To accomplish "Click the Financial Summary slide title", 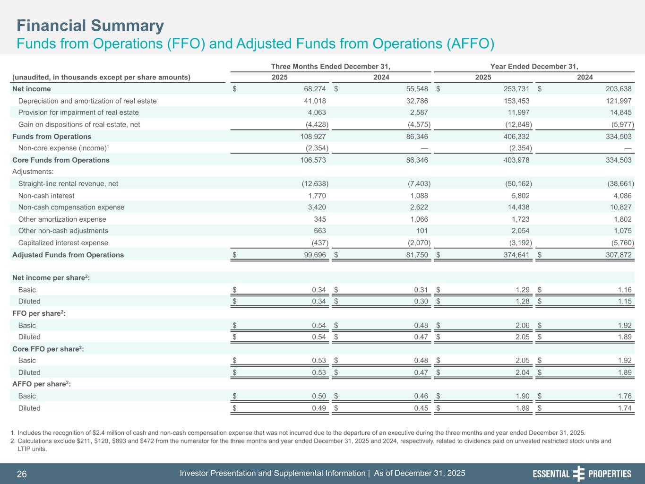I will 90,26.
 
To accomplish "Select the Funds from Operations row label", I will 52,137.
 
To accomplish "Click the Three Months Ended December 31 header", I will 331,66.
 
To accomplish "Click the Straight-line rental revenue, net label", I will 68,183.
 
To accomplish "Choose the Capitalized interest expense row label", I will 63,243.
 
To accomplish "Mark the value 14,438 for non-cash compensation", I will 517,207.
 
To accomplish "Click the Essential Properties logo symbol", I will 579,474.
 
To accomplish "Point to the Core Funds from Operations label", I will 60,160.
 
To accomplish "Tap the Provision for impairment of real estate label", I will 78,112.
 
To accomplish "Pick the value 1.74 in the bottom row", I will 624,408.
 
